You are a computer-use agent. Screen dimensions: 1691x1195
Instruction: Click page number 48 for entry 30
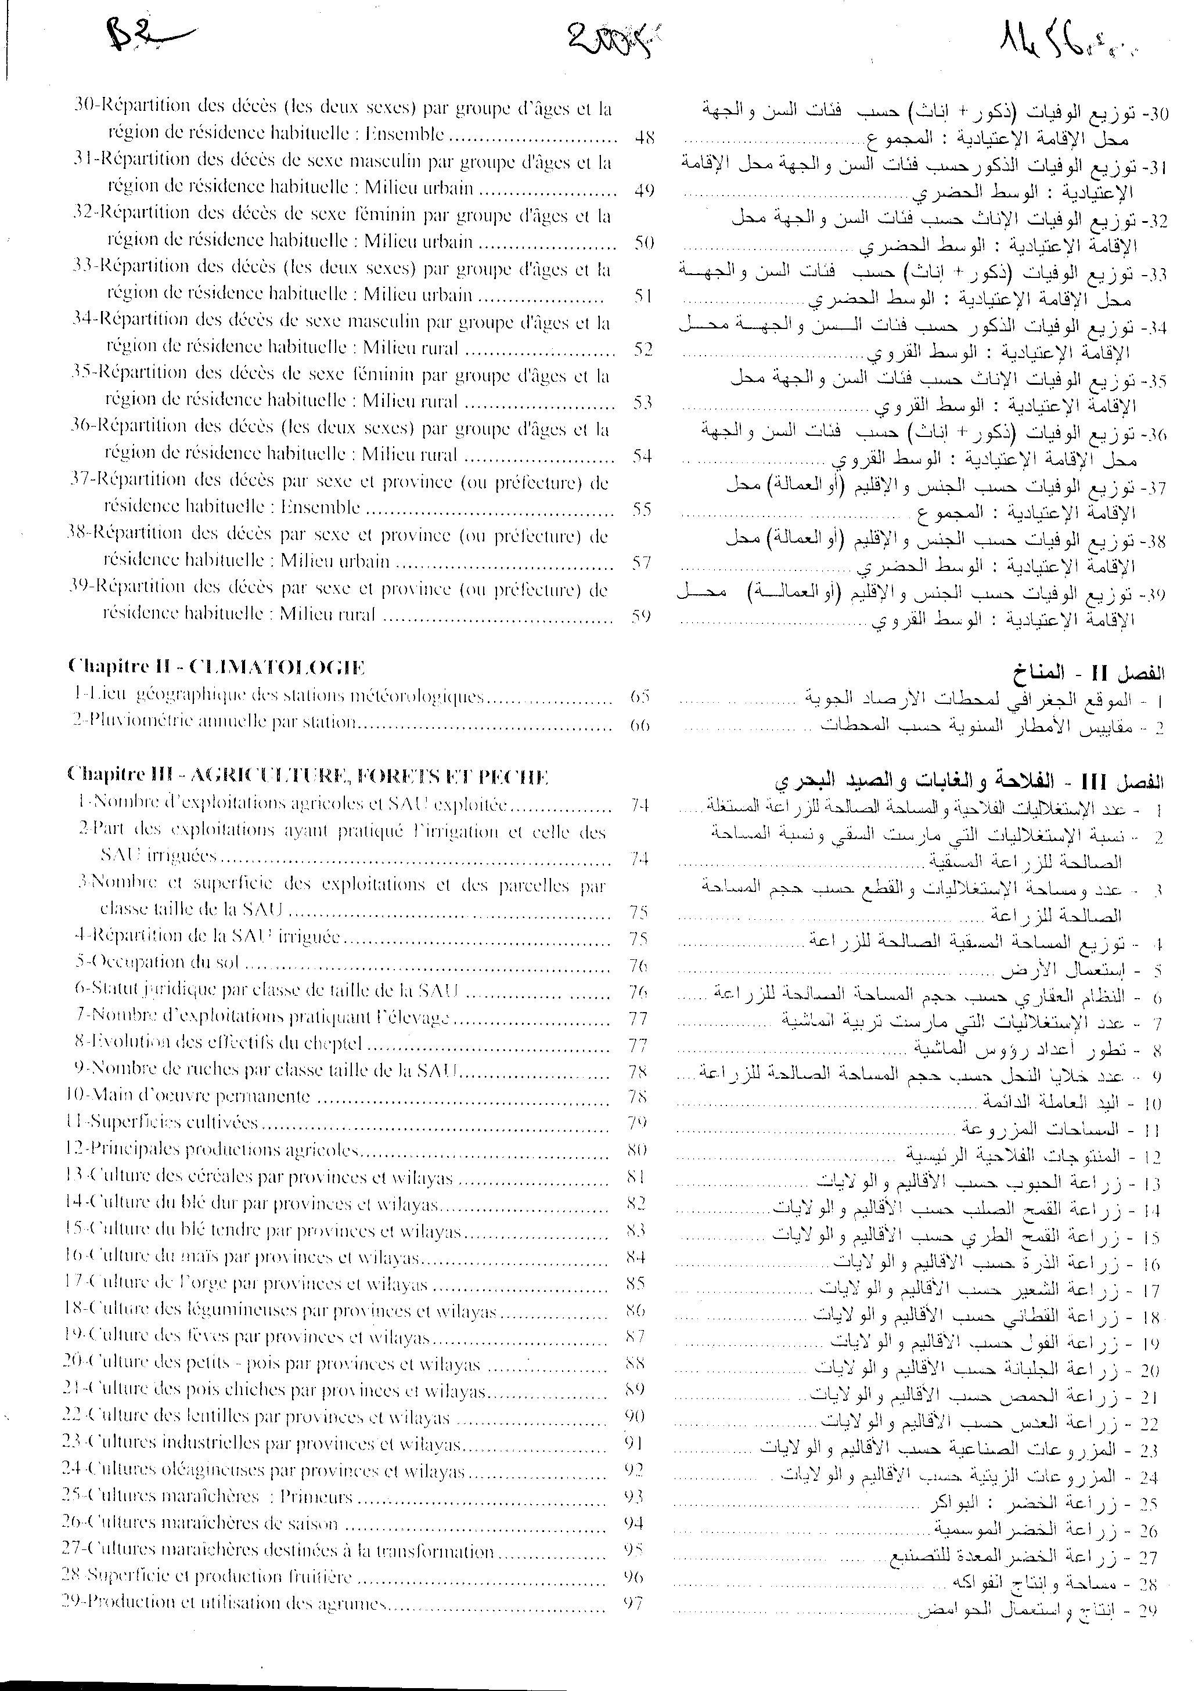(x=644, y=137)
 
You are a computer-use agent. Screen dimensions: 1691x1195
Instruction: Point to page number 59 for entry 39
(x=641, y=615)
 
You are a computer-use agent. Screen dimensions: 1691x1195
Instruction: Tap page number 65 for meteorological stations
(x=639, y=696)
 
